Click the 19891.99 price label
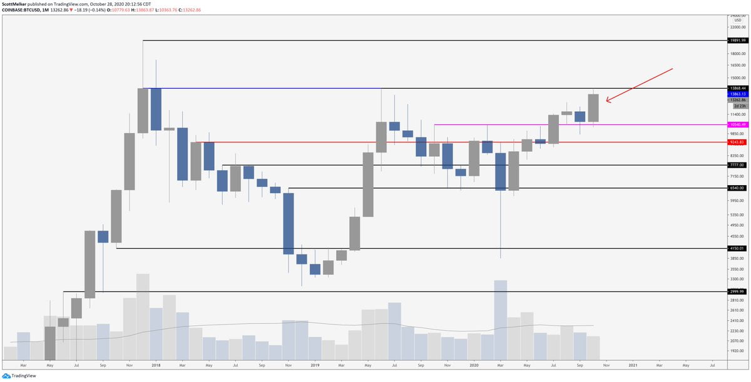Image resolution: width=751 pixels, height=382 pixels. [737, 41]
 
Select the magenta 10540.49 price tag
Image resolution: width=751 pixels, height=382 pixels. [737, 125]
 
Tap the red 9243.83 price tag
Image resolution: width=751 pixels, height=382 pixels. [737, 143]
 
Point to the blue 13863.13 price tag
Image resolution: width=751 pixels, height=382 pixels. [737, 93]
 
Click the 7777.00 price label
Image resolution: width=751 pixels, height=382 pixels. [737, 165]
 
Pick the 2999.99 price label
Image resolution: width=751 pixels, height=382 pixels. [737, 291]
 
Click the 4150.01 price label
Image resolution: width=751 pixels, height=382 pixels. [737, 248]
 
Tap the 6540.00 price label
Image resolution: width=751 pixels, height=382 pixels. [737, 188]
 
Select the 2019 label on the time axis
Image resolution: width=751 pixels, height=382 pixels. [314, 364]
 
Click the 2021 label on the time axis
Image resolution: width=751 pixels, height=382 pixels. [633, 364]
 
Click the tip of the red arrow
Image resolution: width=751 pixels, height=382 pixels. [606, 101]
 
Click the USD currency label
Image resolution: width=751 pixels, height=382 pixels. [738, 19]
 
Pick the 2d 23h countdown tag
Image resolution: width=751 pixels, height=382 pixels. [737, 106]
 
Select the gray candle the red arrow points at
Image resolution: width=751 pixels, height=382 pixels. [593, 108]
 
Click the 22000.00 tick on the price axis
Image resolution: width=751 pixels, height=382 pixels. [737, 27]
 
